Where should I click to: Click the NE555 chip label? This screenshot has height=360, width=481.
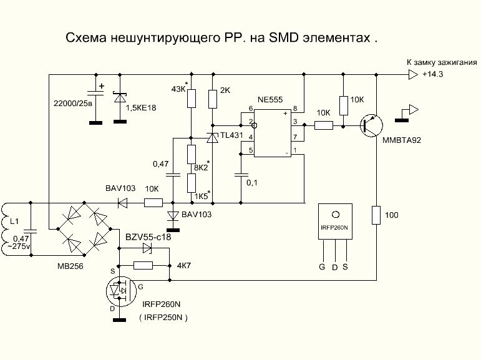[271, 100]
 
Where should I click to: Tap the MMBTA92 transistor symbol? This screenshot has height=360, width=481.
[372, 125]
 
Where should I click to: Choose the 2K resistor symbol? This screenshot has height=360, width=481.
[213, 99]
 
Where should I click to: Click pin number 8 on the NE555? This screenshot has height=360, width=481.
[295, 110]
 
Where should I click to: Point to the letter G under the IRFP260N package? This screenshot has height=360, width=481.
[322, 267]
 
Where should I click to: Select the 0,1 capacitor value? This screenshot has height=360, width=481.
[251, 183]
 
